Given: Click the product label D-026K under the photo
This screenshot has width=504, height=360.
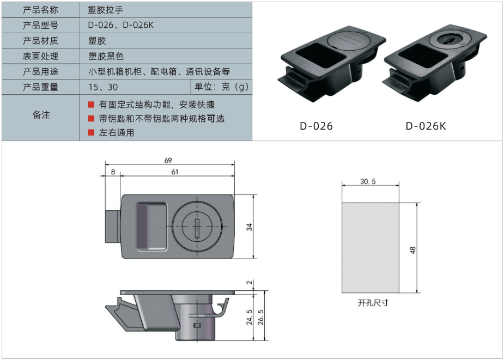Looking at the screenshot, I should point(426,126).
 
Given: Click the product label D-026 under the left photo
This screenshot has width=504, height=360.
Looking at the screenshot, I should point(316,126).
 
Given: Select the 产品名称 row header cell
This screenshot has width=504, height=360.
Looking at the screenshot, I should point(41,10).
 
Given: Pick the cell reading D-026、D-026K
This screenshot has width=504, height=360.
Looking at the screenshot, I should point(120,25).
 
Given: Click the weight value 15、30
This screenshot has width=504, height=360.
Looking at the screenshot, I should point(102,87).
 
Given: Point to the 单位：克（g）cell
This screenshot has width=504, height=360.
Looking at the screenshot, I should point(221,87).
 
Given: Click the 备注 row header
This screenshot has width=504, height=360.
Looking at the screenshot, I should point(41,115).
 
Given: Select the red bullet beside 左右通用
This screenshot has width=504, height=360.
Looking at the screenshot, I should point(91,132).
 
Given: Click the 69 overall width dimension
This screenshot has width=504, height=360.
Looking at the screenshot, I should point(168,160).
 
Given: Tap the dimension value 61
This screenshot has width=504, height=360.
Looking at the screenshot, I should point(175,172).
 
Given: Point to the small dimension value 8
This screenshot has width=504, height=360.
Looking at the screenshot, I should point(113,172).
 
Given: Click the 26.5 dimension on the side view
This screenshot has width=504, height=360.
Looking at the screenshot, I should point(260,316).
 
